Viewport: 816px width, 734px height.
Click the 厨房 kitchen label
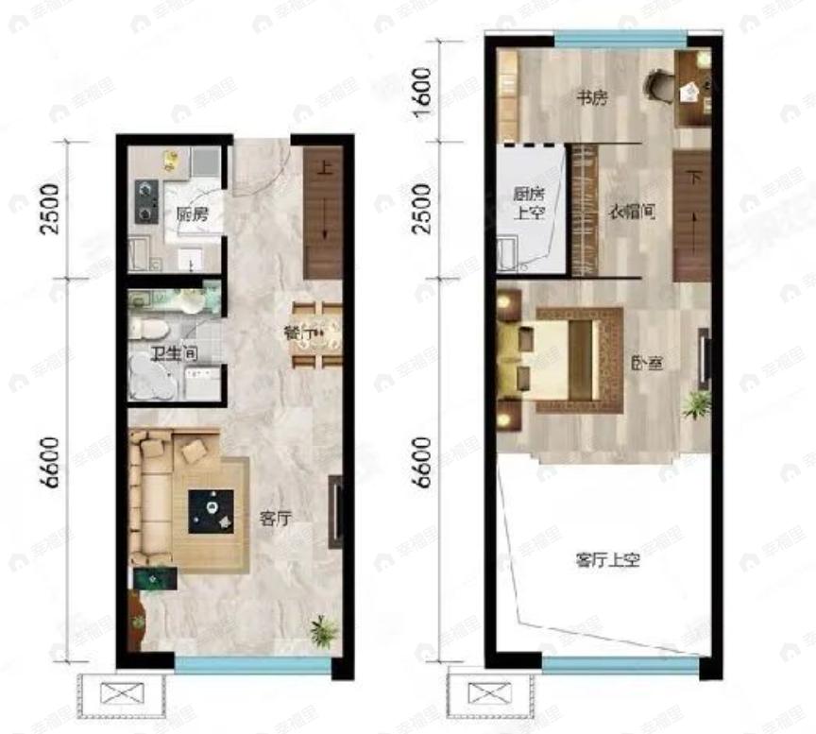click(193, 213)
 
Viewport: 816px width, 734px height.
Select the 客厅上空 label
click(607, 560)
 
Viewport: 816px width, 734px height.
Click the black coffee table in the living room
click(211, 511)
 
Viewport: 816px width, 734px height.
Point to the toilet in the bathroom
click(151, 328)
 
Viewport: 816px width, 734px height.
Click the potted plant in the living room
click(324, 629)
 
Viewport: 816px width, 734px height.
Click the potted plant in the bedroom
click(697, 404)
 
